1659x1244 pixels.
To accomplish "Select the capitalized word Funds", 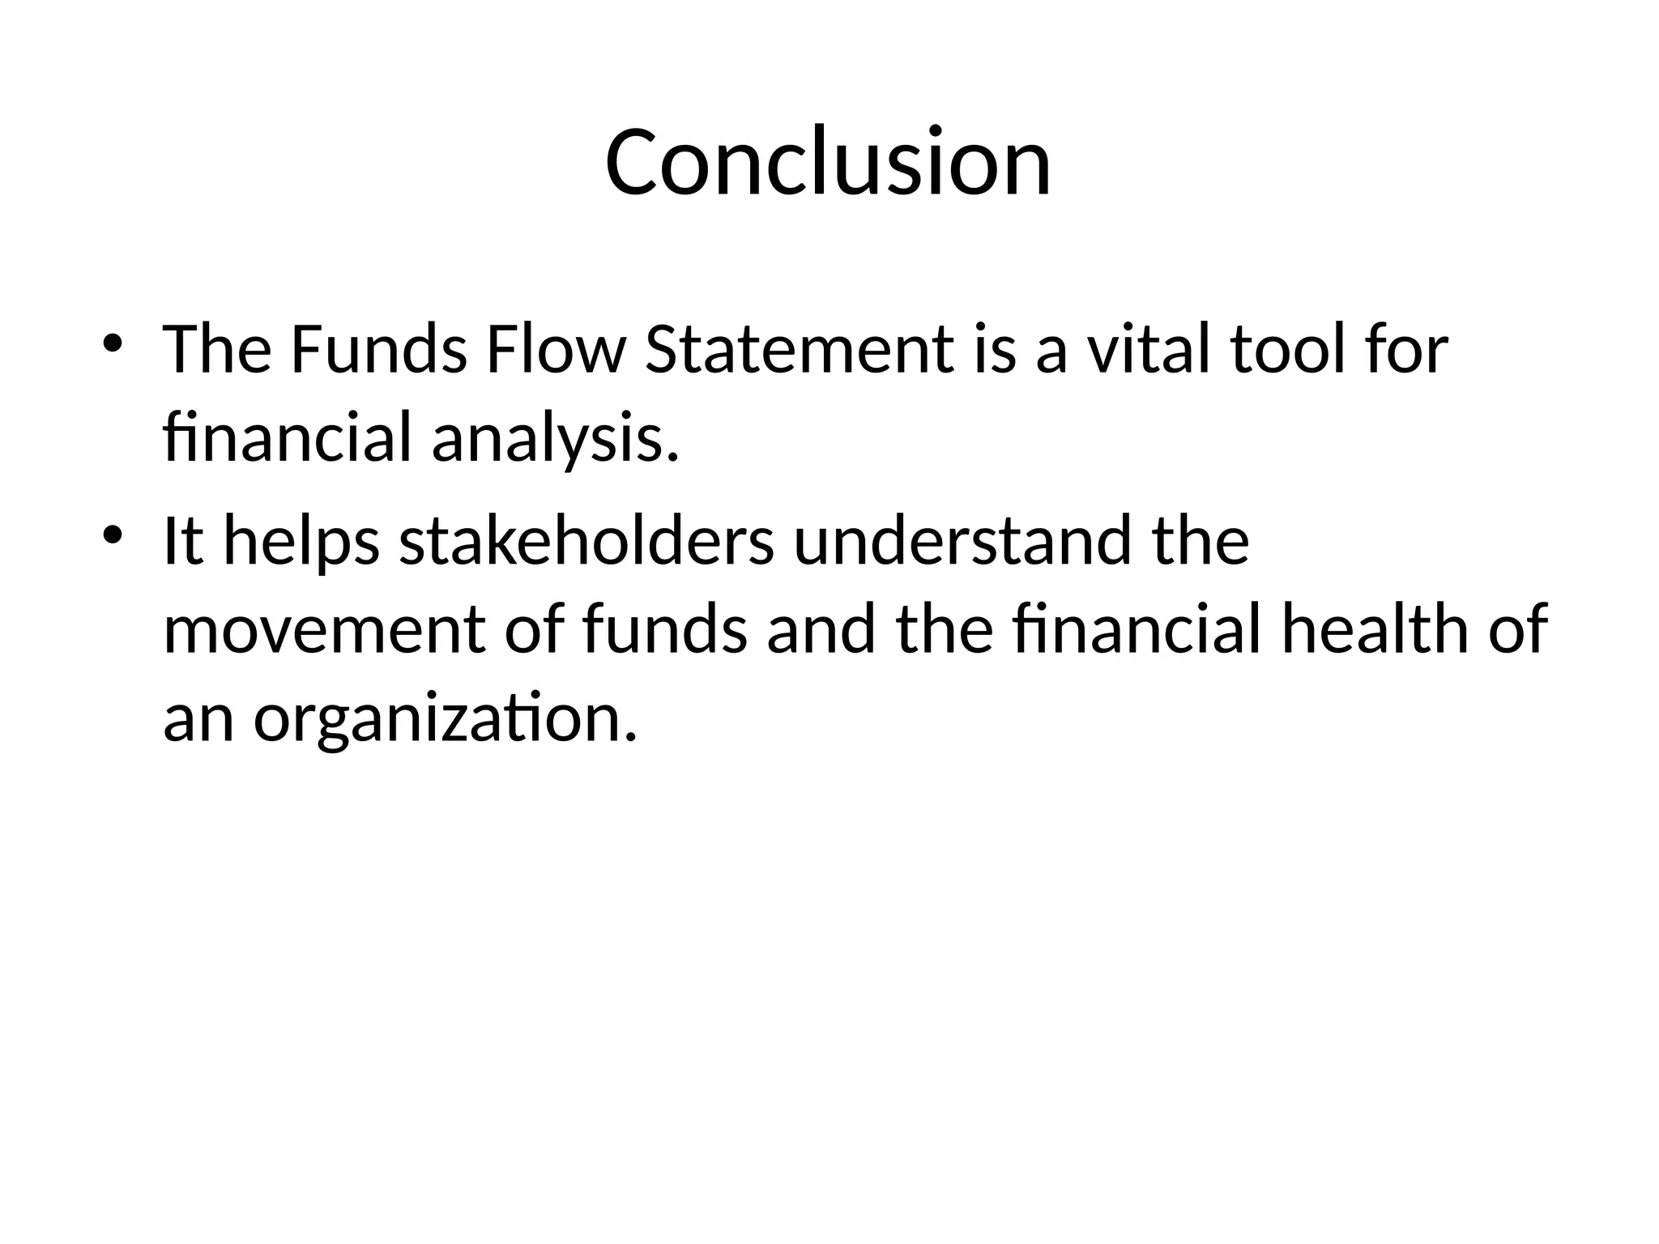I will (x=378, y=350).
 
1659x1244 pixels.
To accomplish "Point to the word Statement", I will (x=798, y=350).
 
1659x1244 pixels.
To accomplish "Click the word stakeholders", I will (x=586, y=542).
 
